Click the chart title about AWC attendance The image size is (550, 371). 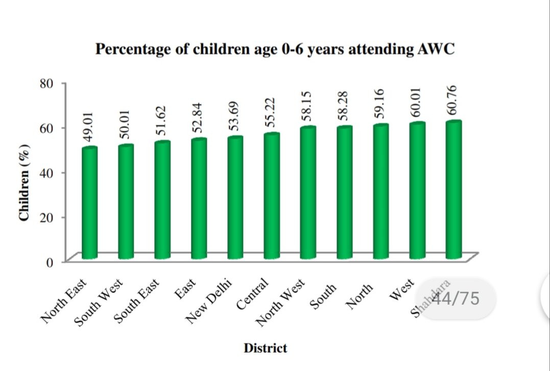[x=275, y=50]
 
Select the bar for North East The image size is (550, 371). [x=89, y=204]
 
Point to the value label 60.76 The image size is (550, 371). [x=452, y=100]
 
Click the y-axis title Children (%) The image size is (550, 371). [x=24, y=183]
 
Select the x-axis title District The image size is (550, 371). [x=265, y=349]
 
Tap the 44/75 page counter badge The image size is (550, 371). [x=456, y=299]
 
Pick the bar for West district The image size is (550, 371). [x=417, y=191]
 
